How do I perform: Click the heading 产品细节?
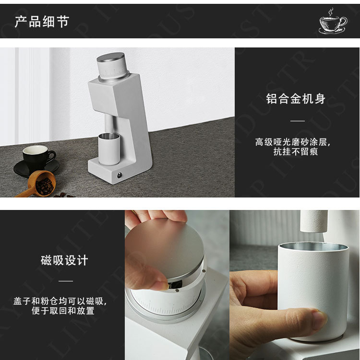pyautogui.click(x=42, y=22)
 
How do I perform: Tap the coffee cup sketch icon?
pyautogui.click(x=333, y=22)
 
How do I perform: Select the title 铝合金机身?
pyautogui.click(x=296, y=99)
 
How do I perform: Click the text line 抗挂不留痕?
pyautogui.click(x=296, y=151)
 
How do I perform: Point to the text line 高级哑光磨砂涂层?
pyautogui.click(x=293, y=142)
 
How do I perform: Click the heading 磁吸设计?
pyautogui.click(x=64, y=260)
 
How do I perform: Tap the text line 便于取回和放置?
pyautogui.click(x=63, y=311)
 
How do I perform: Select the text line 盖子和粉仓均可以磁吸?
pyautogui.click(x=60, y=301)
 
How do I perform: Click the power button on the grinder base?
pyautogui.click(x=120, y=175)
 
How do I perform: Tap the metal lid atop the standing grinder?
pyautogui.click(x=110, y=58)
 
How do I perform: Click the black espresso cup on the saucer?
pyautogui.click(x=38, y=157)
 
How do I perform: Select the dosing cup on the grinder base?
pyautogui.click(x=109, y=149)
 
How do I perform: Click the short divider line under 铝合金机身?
pyautogui.click(x=298, y=121)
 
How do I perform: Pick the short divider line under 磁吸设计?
pyautogui.click(x=66, y=281)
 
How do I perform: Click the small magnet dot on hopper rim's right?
pyautogui.click(x=204, y=271)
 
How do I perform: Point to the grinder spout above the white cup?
pyautogui.click(x=314, y=221)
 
